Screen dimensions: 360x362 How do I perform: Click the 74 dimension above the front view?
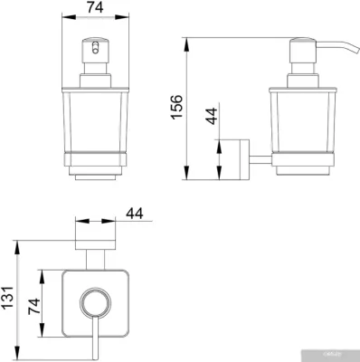(x=95, y=7)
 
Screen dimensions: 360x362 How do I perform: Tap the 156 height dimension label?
(x=177, y=107)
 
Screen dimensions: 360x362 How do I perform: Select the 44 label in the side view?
(x=212, y=116)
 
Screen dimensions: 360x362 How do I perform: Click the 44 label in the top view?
(x=135, y=214)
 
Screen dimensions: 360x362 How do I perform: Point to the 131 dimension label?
(x=7, y=298)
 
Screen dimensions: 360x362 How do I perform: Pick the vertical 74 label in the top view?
(x=34, y=307)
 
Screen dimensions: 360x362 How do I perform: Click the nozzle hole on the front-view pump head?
(x=96, y=48)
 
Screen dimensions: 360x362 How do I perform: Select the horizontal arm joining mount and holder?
(x=261, y=160)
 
